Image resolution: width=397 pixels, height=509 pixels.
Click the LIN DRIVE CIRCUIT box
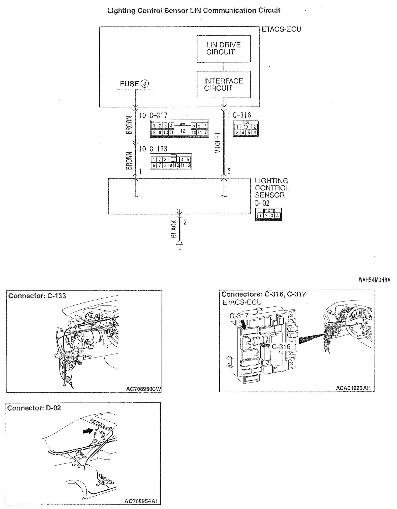pos(224,48)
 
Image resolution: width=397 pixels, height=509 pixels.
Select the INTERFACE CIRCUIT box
pos(224,84)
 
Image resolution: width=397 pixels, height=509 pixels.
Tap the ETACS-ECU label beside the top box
pos(281,30)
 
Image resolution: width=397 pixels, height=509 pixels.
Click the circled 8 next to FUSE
pos(145,84)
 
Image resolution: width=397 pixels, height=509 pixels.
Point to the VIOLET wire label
pos(218,142)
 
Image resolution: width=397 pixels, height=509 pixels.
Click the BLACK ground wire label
pos(173,229)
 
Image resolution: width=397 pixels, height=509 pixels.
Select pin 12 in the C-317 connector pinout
pos(183,131)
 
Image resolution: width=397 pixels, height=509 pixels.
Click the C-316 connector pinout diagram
pos(246,129)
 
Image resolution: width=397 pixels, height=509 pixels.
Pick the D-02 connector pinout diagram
pos(268,214)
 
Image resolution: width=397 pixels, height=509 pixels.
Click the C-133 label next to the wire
pos(158,149)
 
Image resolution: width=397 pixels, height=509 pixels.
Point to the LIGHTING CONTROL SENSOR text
pos(272,188)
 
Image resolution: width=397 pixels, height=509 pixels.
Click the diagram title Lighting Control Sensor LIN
pos(194,11)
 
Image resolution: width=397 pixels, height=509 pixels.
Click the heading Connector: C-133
pos(37,296)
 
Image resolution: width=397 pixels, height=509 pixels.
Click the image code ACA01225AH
pos(353,388)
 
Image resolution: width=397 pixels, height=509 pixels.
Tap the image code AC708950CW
pos(143,389)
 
